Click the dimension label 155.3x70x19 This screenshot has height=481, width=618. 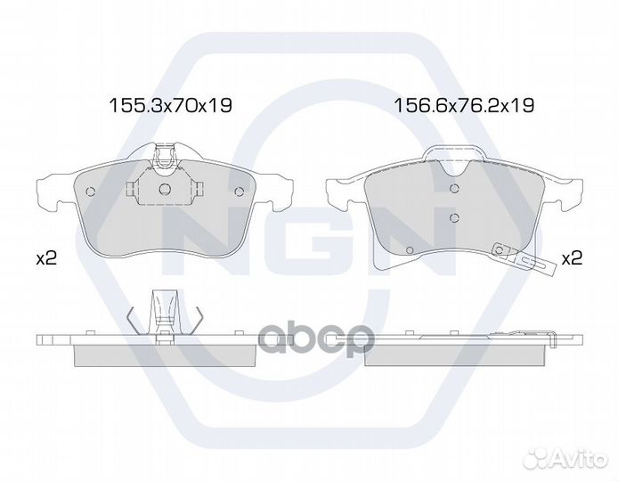[x=170, y=105]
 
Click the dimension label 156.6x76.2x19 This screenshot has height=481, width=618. [x=464, y=105]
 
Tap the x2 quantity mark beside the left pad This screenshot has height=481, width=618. [x=46, y=258]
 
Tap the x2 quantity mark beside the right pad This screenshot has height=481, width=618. [x=572, y=258]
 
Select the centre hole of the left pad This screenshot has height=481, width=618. [x=165, y=189]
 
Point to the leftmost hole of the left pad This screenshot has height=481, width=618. [x=90, y=192]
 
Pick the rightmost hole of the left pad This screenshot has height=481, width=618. [x=239, y=192]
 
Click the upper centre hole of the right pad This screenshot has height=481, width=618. [x=454, y=188]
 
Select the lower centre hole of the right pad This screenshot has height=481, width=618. [x=454, y=217]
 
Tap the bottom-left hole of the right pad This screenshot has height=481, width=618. [x=409, y=249]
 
